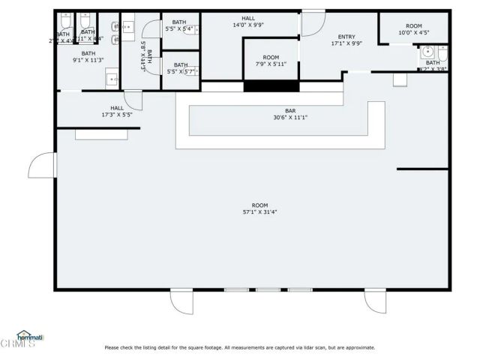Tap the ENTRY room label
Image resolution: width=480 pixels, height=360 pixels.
tap(346, 40)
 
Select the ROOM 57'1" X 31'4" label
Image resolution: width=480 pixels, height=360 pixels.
tap(259, 208)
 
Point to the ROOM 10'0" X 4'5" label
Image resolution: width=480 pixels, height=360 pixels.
tap(414, 28)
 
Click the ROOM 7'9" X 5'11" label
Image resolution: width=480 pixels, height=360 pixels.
tap(271, 61)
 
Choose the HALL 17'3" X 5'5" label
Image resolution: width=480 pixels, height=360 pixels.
tap(117, 112)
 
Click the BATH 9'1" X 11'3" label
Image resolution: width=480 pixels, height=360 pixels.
tap(88, 58)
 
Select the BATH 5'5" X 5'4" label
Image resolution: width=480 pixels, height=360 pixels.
tap(179, 25)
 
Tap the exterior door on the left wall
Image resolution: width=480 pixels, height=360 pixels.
tap(42, 164)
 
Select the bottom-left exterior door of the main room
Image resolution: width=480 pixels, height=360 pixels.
tap(181, 301)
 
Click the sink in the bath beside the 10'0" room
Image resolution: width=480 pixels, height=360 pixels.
tap(427, 52)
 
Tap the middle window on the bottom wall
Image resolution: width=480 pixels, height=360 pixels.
tap(268, 290)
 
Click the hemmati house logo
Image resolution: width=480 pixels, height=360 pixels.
tap(29, 337)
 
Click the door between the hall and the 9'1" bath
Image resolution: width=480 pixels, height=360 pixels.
tap(133, 100)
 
